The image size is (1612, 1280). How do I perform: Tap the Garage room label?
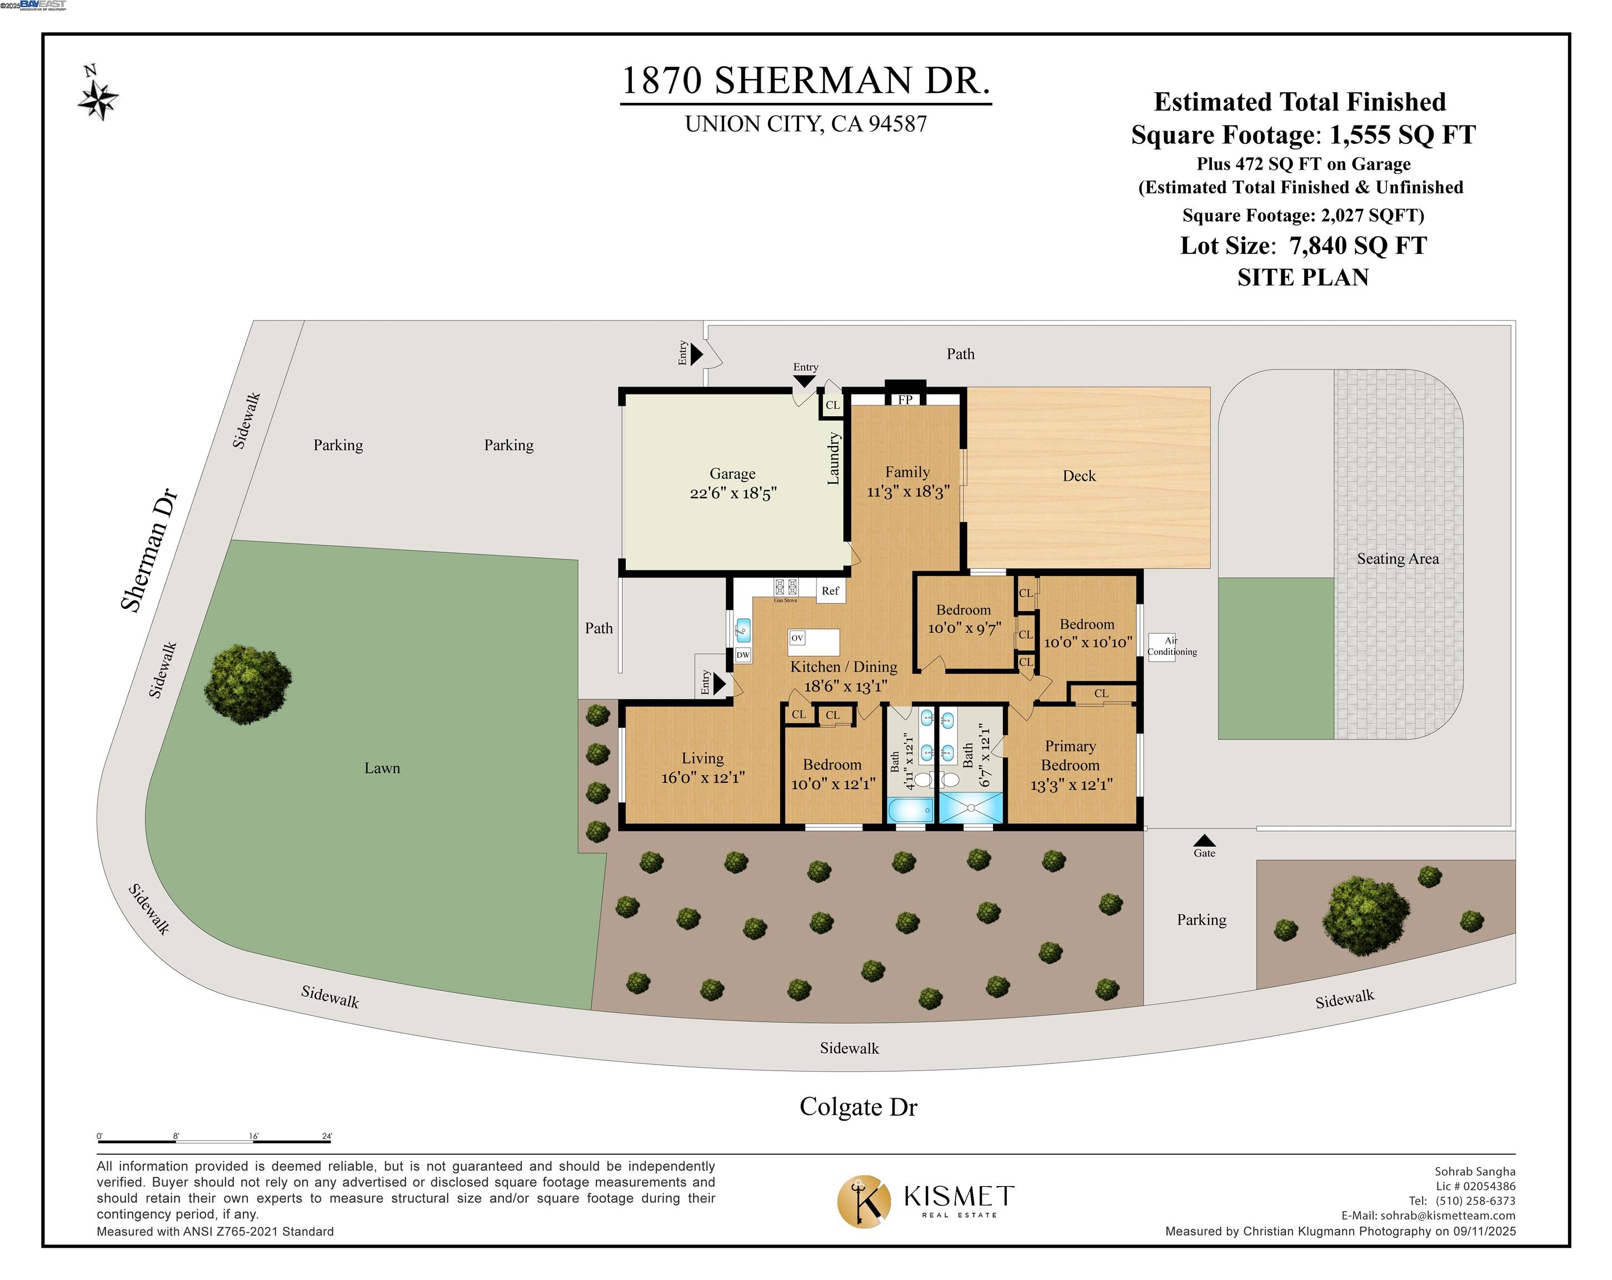(732, 473)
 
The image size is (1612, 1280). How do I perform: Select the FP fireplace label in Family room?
(905, 400)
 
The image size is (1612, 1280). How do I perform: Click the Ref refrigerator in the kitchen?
(830, 591)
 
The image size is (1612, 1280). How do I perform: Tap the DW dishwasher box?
(742, 655)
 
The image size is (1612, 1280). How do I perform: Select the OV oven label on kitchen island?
(797, 638)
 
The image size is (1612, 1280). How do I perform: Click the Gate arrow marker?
(1204, 841)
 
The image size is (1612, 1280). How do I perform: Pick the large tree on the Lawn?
(247, 684)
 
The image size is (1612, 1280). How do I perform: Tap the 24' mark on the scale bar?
(327, 1137)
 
